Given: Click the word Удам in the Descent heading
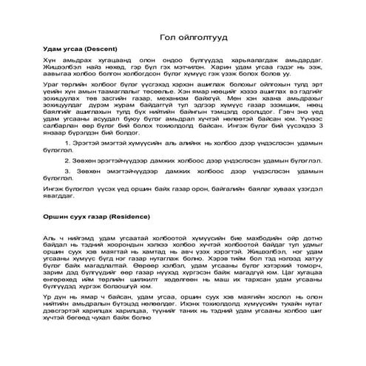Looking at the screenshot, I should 54,49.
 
